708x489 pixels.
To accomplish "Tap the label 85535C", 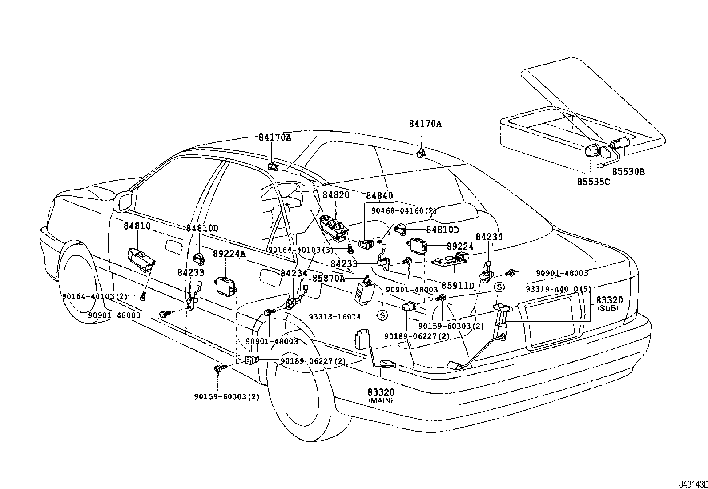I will [x=594, y=182].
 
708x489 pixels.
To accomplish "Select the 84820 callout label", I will [x=336, y=195].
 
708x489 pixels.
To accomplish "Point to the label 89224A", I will [x=229, y=254].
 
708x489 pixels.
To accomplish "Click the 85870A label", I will [x=329, y=278].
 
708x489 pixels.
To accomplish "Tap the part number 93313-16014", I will [x=335, y=316].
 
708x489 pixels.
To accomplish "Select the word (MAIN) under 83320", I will [x=381, y=400].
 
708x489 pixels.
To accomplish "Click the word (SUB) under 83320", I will [x=607, y=308].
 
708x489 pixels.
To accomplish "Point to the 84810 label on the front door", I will [x=137, y=226].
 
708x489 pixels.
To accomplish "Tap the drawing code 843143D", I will [x=692, y=484].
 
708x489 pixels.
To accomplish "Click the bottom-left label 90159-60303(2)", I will [x=226, y=396].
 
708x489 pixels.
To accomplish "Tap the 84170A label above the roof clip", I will [x=425, y=124].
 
